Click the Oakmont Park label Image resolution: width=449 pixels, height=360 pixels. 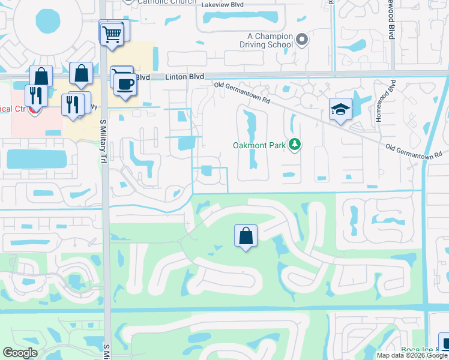click(259, 145)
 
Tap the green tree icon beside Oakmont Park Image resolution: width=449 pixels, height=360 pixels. click(294, 144)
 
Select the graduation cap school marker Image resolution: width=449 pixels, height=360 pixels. click(340, 109)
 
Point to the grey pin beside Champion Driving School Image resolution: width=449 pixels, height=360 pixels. click(302, 40)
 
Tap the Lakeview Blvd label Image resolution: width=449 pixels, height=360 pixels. click(223, 4)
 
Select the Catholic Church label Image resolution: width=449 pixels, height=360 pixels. click(166, 2)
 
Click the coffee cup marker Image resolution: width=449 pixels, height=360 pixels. click(124, 83)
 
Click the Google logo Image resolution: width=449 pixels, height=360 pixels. click(20, 353)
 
